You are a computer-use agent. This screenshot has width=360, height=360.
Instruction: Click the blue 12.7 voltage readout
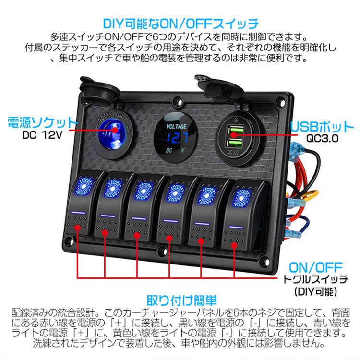(x=177, y=138)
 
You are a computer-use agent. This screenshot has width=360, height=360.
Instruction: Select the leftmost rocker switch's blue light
(x=84, y=185)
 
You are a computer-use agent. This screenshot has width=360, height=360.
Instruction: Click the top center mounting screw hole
(x=177, y=101)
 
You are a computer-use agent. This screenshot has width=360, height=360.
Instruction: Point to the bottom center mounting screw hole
(x=162, y=250)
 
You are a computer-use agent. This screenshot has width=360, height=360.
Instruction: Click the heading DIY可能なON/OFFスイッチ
(x=181, y=24)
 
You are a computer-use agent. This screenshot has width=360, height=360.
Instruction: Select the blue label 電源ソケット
(x=42, y=122)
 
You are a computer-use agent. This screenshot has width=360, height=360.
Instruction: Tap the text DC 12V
(x=42, y=135)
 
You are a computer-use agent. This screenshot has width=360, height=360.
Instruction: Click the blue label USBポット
(x=322, y=127)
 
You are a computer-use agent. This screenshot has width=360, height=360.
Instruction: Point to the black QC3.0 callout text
(x=323, y=138)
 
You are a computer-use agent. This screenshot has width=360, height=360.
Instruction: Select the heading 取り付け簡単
(x=181, y=300)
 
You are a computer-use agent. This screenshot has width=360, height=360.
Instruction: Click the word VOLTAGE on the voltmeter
(x=176, y=126)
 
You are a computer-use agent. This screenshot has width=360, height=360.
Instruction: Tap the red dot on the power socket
(x=115, y=130)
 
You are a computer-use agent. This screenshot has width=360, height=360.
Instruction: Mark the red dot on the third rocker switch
(x=137, y=236)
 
